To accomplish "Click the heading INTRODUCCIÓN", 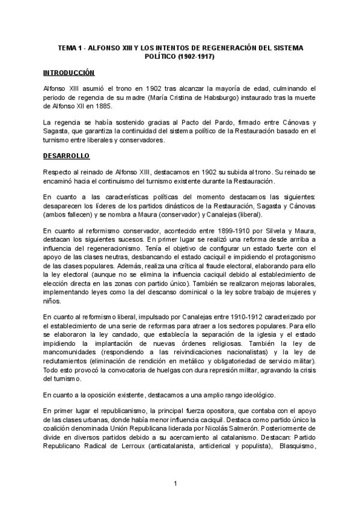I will click(69, 72).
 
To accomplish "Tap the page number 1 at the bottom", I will click(175, 484).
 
